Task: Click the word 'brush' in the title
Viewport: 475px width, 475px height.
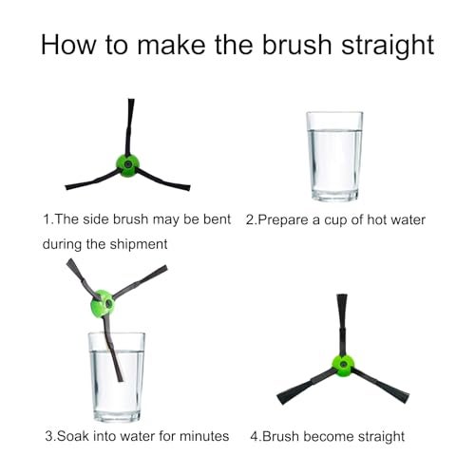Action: (x=296, y=45)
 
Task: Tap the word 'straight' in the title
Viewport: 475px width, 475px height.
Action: (x=388, y=46)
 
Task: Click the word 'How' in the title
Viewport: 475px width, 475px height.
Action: (x=67, y=45)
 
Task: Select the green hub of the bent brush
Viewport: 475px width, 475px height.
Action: (x=127, y=165)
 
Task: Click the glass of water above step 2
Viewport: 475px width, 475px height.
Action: (x=334, y=157)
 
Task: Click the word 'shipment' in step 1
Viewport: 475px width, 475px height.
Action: (x=139, y=244)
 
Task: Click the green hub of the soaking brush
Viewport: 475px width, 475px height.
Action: (x=103, y=305)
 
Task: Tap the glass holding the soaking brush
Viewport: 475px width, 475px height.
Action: (x=117, y=377)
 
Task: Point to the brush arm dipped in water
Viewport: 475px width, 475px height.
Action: (x=112, y=349)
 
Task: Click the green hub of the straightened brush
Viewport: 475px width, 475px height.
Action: (x=343, y=366)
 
